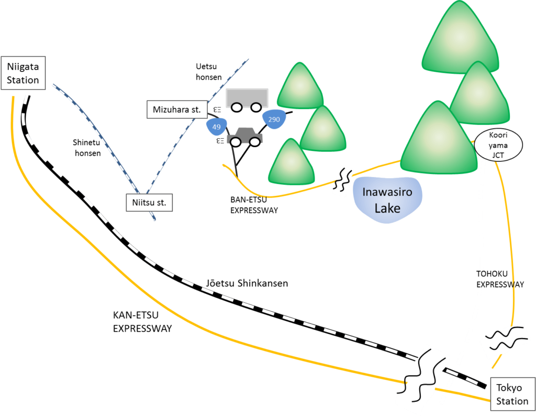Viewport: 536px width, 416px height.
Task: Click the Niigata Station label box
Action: pos(23,73)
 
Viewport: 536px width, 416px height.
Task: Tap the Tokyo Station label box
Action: pos(512,393)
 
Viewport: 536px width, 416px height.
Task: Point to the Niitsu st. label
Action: pos(149,203)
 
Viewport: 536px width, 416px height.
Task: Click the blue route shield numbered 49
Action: pos(216,126)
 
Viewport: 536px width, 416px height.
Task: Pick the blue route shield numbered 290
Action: pos(274,119)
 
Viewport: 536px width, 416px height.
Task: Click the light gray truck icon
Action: pos(247,98)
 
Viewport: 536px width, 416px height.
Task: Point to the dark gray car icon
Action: pos(244,137)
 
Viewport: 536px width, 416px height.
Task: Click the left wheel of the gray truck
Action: pos(237,107)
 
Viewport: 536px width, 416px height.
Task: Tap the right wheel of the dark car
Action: pos(254,141)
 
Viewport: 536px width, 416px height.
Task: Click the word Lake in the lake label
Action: pos(387,208)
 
